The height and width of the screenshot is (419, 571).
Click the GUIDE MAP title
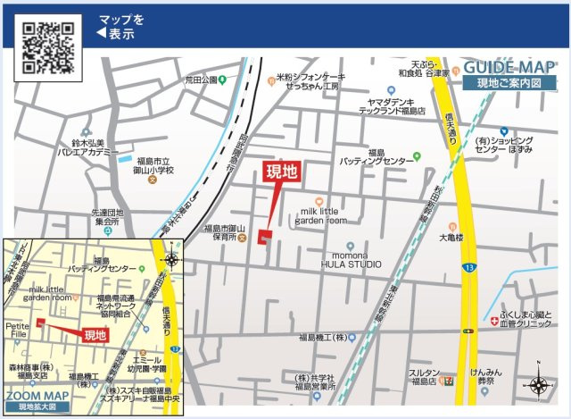point(509,69)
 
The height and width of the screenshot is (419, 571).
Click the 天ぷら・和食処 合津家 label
point(425,69)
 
